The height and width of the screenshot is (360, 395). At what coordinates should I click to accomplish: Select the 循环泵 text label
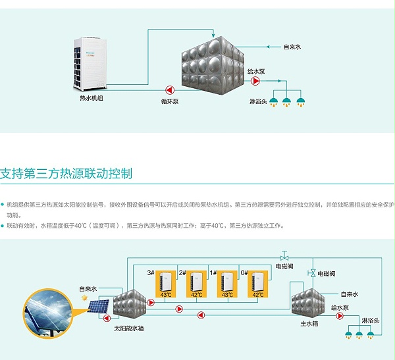tap(170, 101)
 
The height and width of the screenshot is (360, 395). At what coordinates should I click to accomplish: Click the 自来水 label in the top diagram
tap(292, 47)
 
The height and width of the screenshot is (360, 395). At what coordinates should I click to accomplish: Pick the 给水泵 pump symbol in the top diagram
tap(256, 82)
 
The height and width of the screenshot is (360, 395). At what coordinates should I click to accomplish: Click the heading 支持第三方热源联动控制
tap(66, 174)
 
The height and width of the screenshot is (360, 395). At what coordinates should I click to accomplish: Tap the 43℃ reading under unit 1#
tap(226, 295)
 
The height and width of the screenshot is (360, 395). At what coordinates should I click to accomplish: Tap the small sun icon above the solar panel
tap(84, 298)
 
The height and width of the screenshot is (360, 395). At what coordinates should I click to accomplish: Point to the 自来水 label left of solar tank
tap(88, 288)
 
